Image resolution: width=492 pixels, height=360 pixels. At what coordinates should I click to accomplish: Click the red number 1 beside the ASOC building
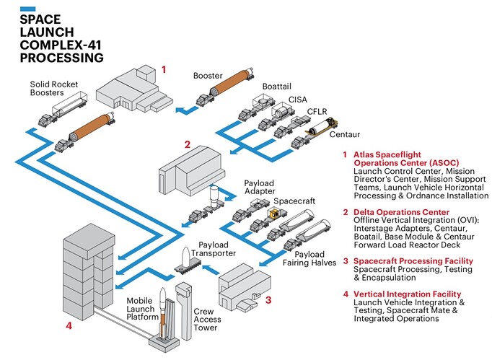point(164,69)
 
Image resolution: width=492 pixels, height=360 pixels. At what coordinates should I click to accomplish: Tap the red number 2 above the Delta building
point(187,144)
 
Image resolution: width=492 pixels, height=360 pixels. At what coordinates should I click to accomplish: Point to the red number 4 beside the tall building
point(69,325)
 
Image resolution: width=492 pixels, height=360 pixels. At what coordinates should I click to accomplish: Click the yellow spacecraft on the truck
point(273,213)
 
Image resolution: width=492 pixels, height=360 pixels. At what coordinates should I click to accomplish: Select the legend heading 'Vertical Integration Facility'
point(405,294)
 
